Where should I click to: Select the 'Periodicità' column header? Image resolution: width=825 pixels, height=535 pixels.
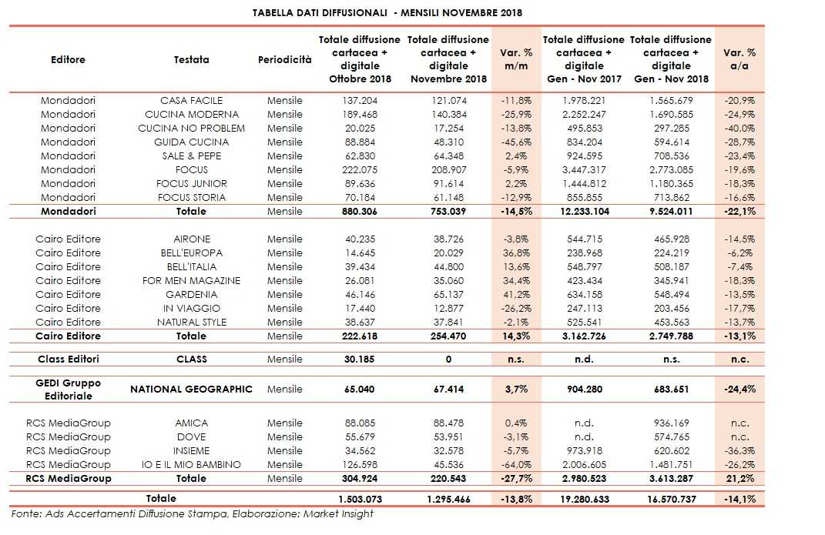pos(285,59)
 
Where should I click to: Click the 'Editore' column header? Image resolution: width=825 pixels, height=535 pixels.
pos(68,59)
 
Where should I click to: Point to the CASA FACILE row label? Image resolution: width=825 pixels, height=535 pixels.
pos(191,101)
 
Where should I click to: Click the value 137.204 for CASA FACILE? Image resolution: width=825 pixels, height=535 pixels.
pos(360,101)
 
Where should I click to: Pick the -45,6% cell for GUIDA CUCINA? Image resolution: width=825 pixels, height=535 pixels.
pos(511,142)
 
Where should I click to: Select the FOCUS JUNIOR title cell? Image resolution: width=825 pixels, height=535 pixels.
pos(191,184)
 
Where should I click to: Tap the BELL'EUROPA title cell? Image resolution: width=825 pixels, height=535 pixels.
pos(191,253)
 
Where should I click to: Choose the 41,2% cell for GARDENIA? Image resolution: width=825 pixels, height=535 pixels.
pos(511,295)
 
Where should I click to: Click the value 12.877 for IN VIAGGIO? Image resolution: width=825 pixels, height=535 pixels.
pos(448,309)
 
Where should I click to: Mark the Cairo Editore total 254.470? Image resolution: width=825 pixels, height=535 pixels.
pos(448,336)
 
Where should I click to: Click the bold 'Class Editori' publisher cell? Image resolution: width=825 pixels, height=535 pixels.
pos(68,359)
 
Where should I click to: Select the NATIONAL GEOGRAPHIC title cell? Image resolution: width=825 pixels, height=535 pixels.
pos(191,390)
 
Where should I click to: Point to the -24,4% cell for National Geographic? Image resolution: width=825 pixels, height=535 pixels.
pos(739,390)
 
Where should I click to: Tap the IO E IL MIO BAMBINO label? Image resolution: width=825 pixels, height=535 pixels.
pos(191,465)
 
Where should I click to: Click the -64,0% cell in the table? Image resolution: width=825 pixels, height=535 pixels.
pos(511,465)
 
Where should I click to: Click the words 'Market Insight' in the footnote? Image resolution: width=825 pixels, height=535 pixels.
pos(343,513)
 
